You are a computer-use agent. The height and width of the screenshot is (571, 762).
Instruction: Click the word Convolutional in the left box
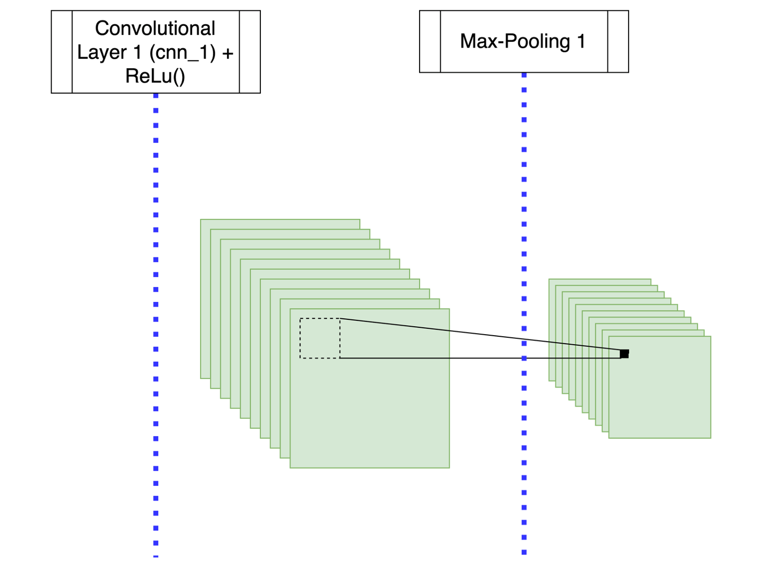click(155, 29)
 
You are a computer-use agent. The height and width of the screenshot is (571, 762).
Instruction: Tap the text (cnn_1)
click(183, 53)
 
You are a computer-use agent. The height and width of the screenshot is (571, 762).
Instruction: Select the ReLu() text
click(155, 77)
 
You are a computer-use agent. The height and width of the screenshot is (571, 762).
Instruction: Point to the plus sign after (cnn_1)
click(228, 53)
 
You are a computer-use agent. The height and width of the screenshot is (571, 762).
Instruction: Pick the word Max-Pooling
click(514, 41)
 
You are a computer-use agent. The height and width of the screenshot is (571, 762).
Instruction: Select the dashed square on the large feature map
click(320, 338)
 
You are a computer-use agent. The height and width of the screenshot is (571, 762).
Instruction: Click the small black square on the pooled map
click(624, 354)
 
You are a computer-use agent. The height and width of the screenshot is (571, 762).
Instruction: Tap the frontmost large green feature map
click(370, 412)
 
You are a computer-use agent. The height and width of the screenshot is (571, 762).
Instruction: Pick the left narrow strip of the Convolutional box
click(62, 52)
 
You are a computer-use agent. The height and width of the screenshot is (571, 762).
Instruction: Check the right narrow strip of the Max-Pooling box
click(618, 41)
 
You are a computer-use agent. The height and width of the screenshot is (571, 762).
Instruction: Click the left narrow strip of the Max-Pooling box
click(430, 41)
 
